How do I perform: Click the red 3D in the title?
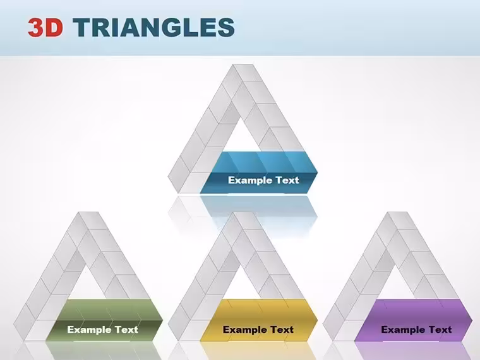[x=45, y=27]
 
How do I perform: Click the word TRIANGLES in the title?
[x=153, y=27]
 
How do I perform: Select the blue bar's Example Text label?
[x=263, y=180]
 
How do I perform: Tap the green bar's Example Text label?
[x=102, y=330]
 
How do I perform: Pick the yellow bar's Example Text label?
[x=258, y=330]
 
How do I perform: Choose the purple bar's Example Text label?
[x=416, y=330]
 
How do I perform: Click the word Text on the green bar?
[x=126, y=330]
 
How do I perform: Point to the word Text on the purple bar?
[x=440, y=330]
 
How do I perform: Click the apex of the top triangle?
[x=243, y=64]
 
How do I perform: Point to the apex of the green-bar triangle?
[x=88, y=212]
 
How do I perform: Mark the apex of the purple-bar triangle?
[x=397, y=212]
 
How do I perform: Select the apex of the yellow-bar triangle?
[x=243, y=212]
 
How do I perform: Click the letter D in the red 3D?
[x=54, y=28]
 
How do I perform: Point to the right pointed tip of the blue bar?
[x=317, y=172]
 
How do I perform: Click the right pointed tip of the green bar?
[x=162, y=320]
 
